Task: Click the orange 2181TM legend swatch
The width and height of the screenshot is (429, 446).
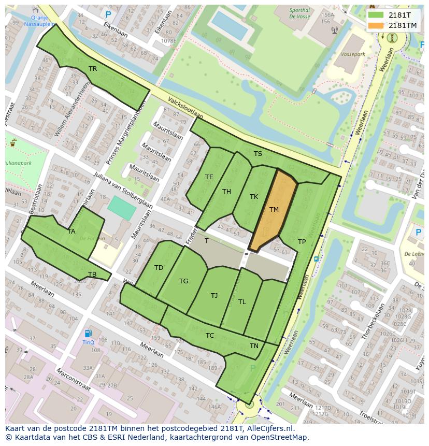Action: (x=377, y=25)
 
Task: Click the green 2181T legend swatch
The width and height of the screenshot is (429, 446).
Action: (x=377, y=15)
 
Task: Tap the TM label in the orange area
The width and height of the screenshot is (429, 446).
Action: (x=274, y=210)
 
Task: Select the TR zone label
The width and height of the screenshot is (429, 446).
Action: (x=93, y=68)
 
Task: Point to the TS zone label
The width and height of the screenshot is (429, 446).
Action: (x=258, y=154)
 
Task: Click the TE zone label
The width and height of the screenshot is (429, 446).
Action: (x=209, y=177)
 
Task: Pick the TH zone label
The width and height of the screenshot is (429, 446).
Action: (x=226, y=192)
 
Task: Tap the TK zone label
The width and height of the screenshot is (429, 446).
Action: (x=254, y=197)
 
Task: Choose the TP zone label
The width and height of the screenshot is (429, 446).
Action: (x=302, y=242)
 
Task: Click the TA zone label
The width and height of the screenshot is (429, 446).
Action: (x=71, y=232)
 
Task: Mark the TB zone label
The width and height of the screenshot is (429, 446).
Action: (x=92, y=275)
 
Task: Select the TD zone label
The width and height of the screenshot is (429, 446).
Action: (x=159, y=268)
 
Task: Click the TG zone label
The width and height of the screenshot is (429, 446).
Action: (x=183, y=281)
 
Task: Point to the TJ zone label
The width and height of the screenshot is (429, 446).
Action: (x=214, y=296)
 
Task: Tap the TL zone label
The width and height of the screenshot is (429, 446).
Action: (x=242, y=302)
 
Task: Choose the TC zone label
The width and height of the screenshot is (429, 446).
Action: (x=209, y=336)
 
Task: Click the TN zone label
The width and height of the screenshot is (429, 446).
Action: (x=254, y=346)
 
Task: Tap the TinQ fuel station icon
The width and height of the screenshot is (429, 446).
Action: (x=88, y=334)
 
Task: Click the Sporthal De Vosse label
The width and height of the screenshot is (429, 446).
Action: (x=300, y=13)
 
